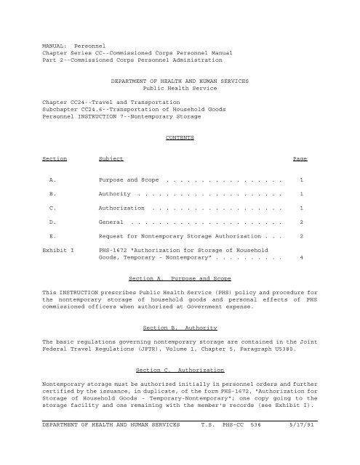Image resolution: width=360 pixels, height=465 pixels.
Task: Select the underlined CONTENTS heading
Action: click(180, 136)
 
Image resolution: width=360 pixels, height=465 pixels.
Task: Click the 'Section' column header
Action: click(55, 158)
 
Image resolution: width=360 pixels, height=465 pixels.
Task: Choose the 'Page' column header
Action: click(300, 158)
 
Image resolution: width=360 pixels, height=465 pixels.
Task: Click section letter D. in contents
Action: click(49, 221)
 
